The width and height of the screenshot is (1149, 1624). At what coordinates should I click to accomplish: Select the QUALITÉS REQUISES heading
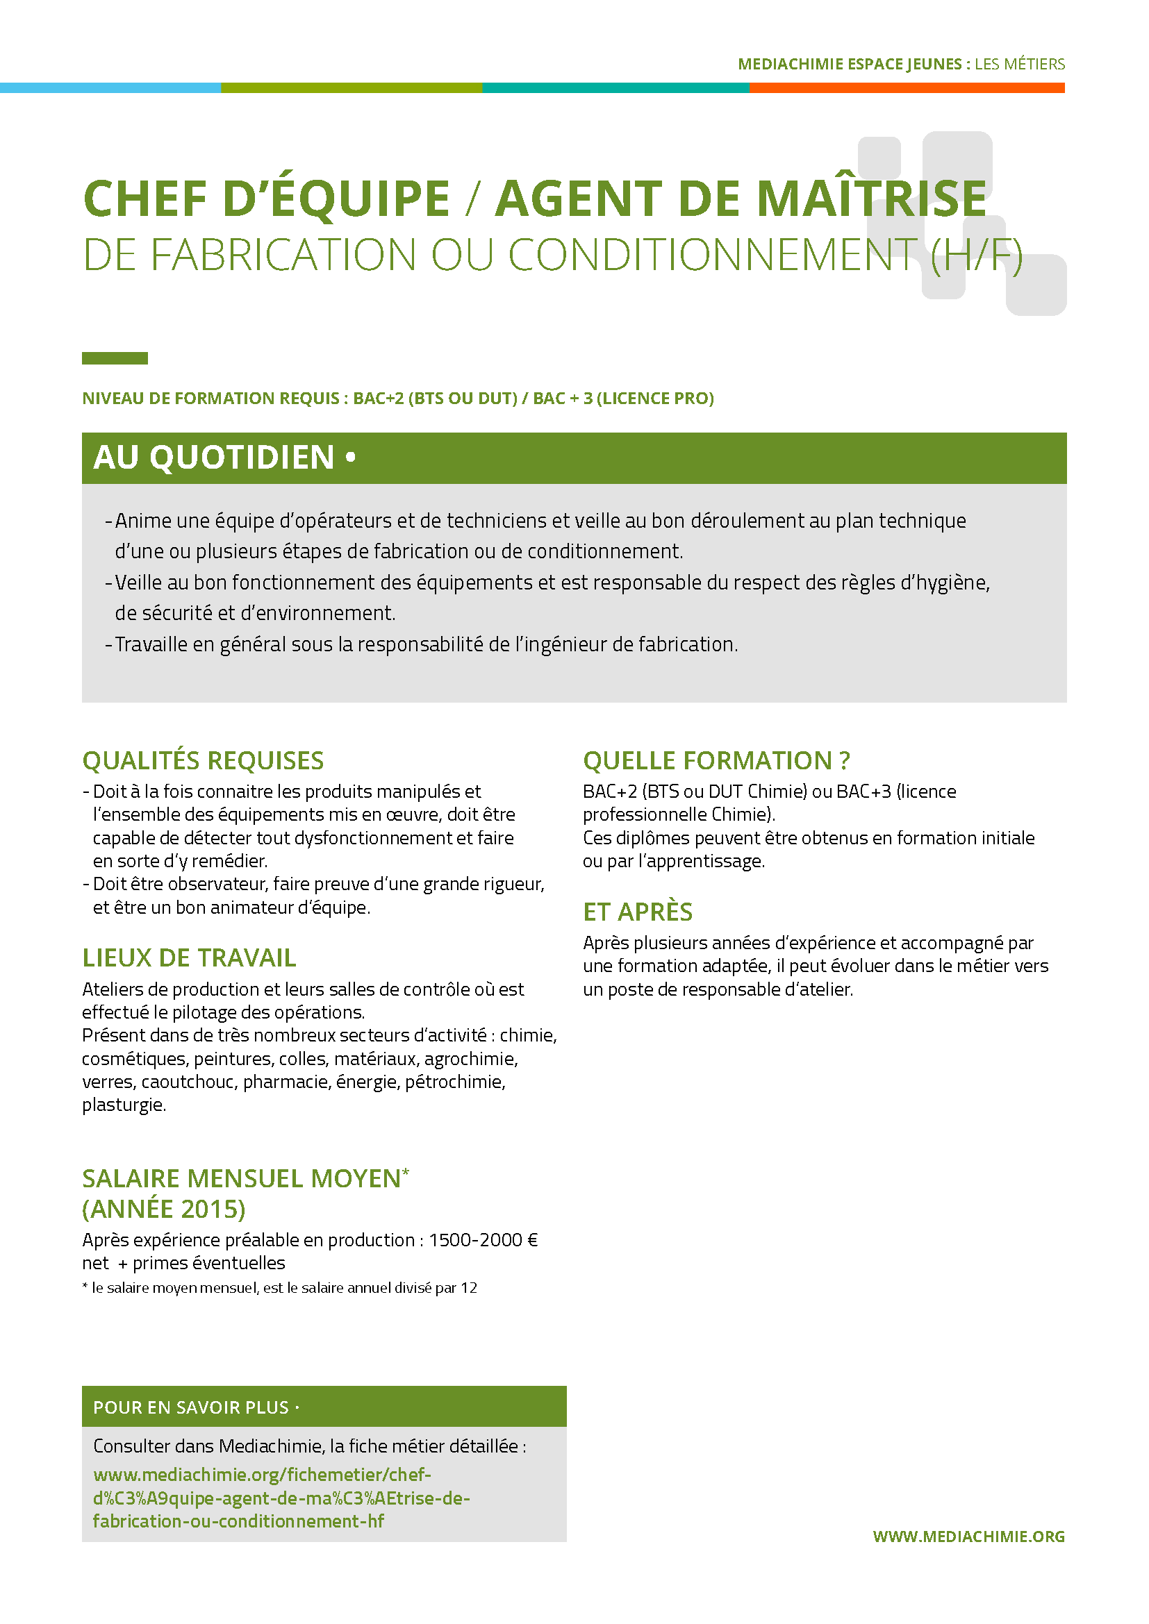[x=203, y=760]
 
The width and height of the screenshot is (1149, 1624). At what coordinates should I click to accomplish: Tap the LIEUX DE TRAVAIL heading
[x=189, y=957]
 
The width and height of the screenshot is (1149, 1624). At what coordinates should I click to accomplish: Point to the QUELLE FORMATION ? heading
[x=716, y=760]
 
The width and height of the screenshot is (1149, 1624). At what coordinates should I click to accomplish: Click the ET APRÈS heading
[x=638, y=912]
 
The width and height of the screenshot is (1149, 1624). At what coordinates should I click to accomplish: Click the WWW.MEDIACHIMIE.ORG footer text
[x=968, y=1537]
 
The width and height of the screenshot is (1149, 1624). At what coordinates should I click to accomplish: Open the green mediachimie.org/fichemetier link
[x=281, y=1498]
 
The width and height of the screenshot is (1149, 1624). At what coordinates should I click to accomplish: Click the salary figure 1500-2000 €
[x=483, y=1240]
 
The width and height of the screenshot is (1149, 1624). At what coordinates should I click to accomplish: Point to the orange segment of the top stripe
[x=907, y=87]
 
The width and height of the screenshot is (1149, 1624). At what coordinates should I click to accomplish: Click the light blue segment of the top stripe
[x=110, y=87]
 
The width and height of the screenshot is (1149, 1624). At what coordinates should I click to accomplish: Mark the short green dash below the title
[x=115, y=358]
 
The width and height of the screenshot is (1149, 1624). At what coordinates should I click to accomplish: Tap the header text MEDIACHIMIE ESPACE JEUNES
[x=849, y=65]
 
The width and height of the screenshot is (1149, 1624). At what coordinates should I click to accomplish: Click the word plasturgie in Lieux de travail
[x=124, y=1105]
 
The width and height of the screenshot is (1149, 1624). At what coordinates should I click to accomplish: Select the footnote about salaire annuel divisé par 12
[x=279, y=1288]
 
